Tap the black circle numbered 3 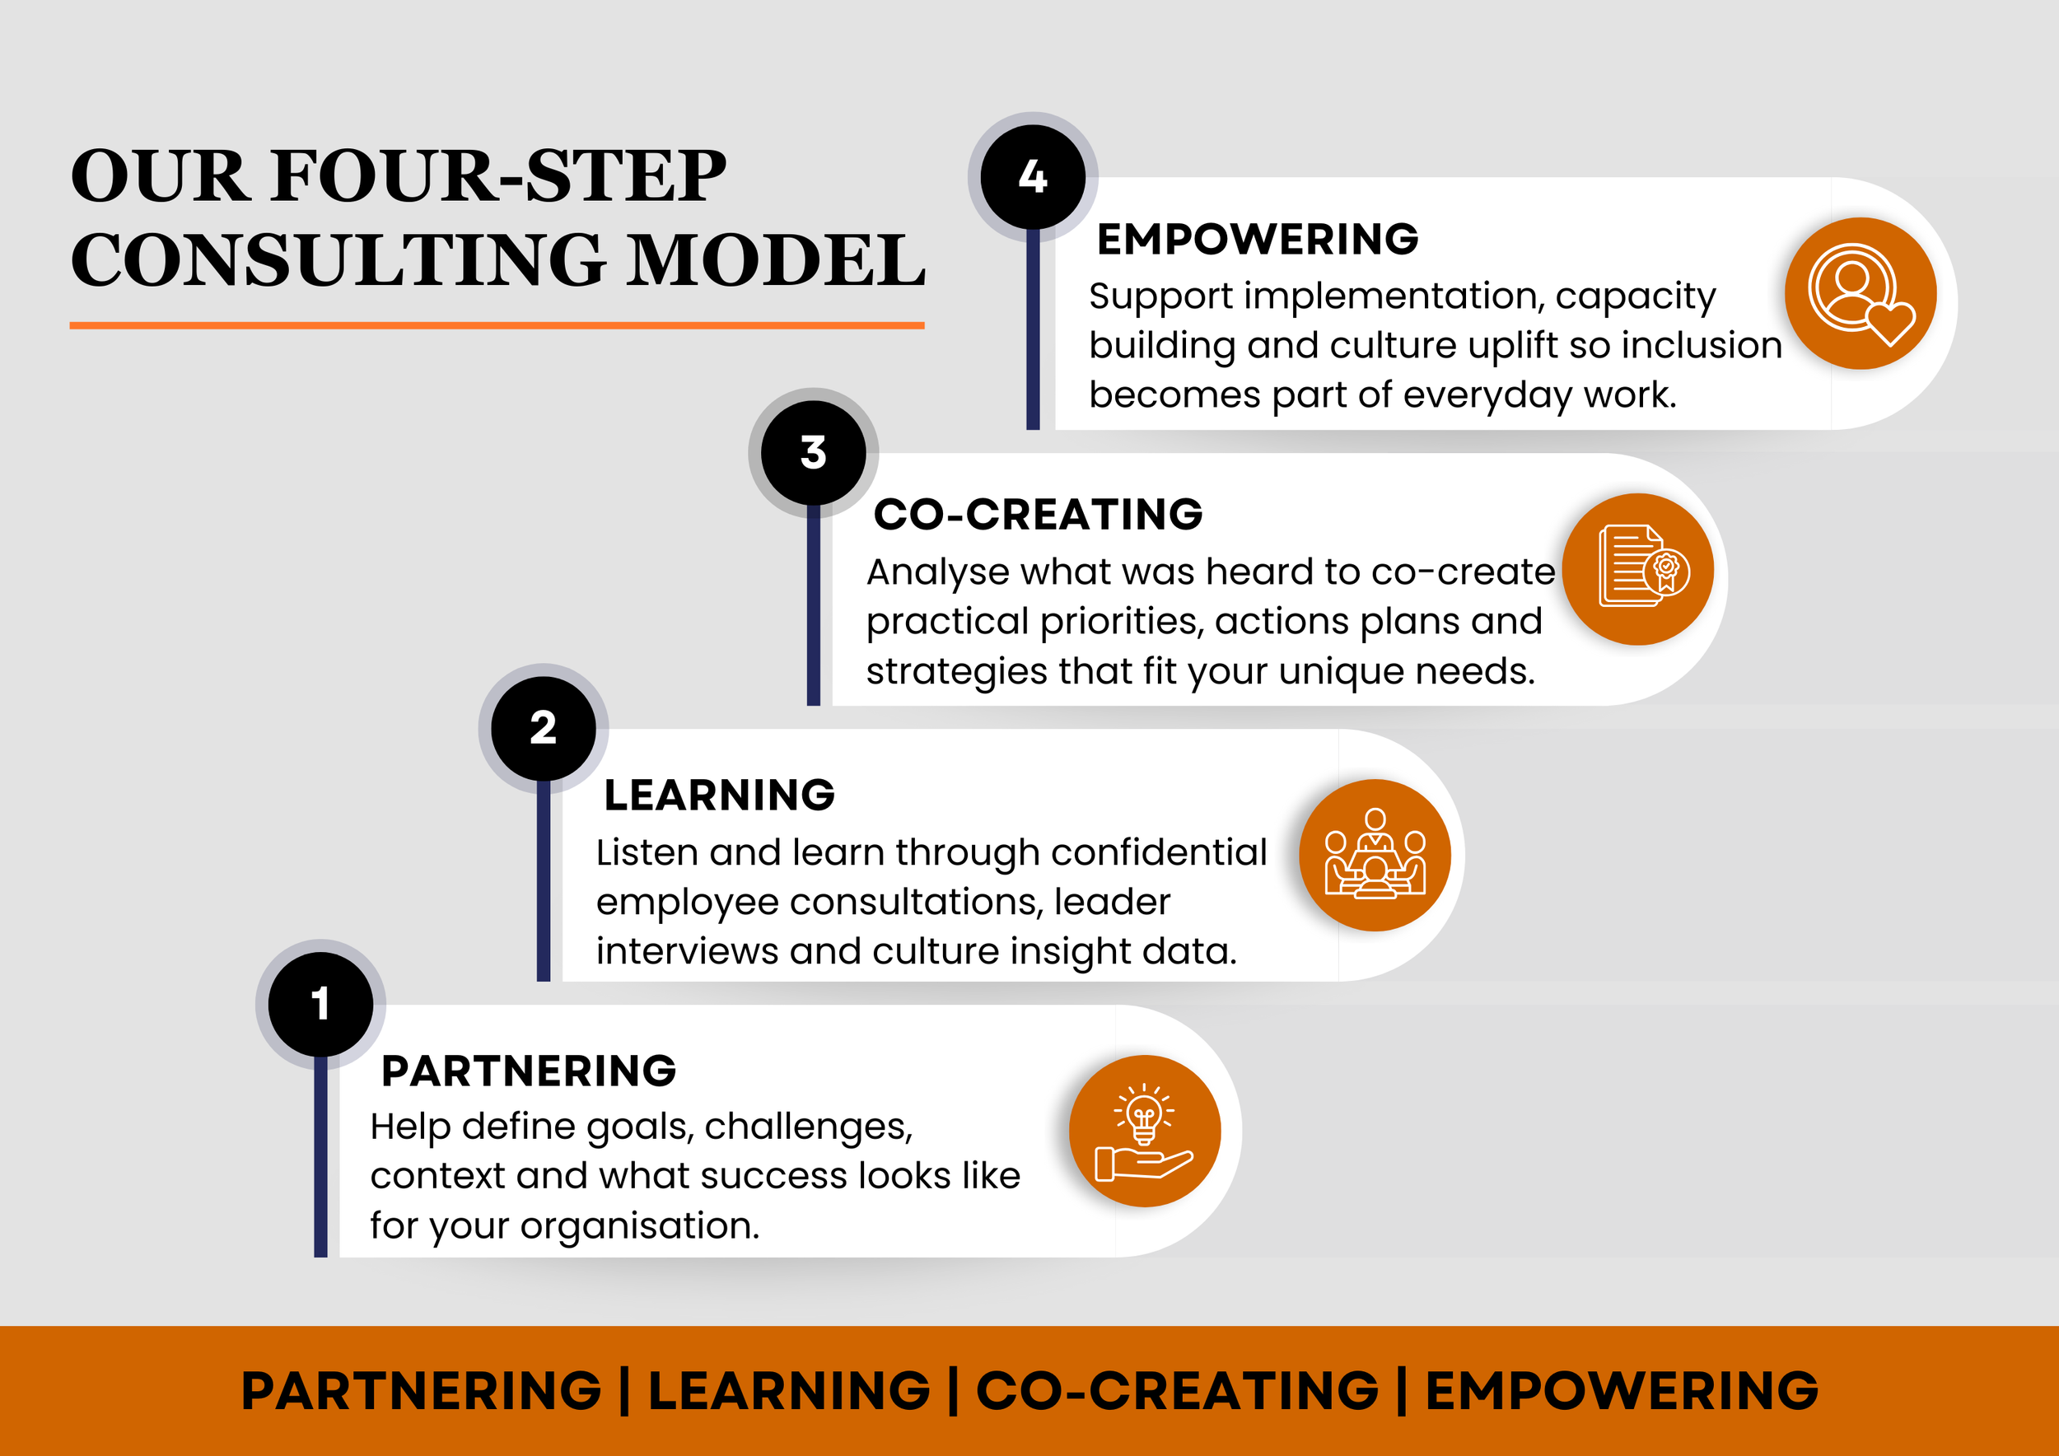(x=814, y=453)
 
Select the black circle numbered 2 (x=544, y=728)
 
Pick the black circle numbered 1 (x=320, y=1004)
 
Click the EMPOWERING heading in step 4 (x=1258, y=240)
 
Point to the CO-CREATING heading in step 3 (x=1038, y=515)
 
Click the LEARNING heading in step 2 (x=719, y=796)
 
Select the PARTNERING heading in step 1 (x=528, y=1071)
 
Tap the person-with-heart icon (x=1860, y=293)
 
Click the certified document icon (x=1637, y=568)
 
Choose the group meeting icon (x=1375, y=855)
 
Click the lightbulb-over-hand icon (x=1144, y=1131)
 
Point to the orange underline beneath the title (x=497, y=325)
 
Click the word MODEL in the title (x=775, y=261)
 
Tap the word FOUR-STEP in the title (x=498, y=175)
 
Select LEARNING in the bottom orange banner (x=789, y=1391)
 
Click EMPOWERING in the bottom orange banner (x=1622, y=1391)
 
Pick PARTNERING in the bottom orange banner (x=422, y=1391)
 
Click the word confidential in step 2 (x=1159, y=852)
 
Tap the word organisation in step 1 (x=639, y=1225)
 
